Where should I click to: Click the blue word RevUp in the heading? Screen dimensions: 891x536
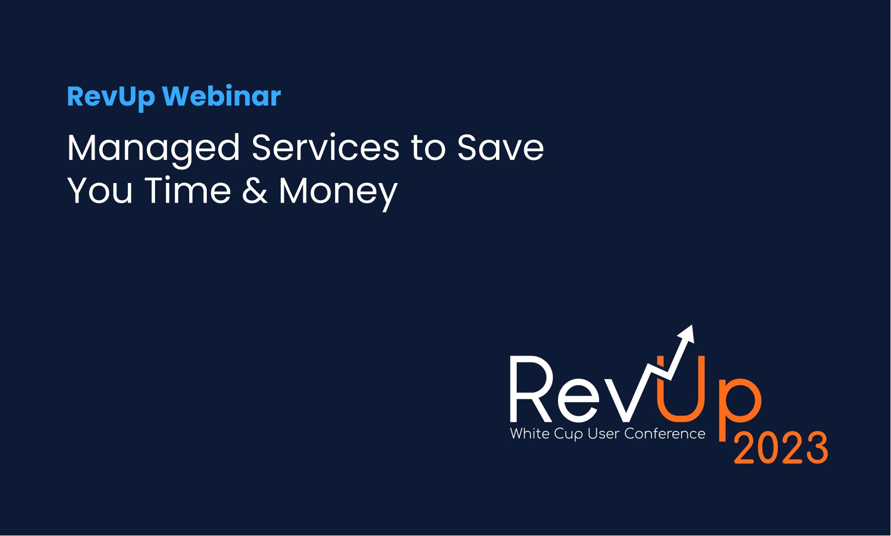tap(111, 97)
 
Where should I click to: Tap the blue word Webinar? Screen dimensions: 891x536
tap(221, 96)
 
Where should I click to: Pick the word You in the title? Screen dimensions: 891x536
tap(100, 191)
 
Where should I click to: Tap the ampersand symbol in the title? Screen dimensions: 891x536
tap(255, 191)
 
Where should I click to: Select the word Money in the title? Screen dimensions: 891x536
tap(338, 193)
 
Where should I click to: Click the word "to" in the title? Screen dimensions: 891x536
tap(428, 149)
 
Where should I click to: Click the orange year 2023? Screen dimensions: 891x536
tap(781, 448)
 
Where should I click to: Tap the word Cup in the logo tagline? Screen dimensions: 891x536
tap(569, 434)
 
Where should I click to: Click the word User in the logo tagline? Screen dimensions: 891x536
tap(603, 433)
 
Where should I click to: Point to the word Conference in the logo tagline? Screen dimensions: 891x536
tap(665, 433)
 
